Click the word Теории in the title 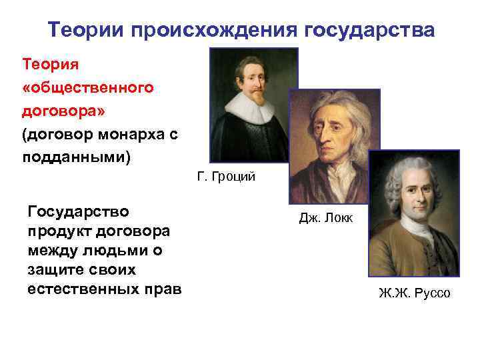pos(86,30)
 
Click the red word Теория pos(51,65)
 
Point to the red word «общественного pos(88,87)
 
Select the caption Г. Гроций pos(226,178)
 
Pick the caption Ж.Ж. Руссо pos(413,293)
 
